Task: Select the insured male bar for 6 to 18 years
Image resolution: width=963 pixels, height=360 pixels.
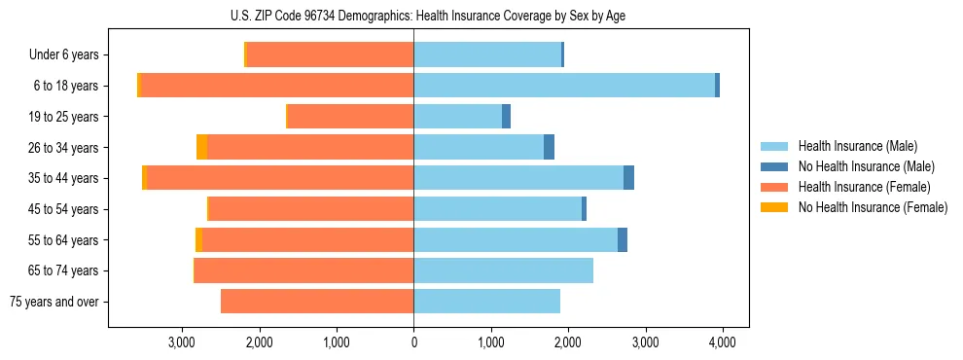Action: click(564, 86)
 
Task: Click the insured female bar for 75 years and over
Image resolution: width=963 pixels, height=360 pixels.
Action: click(317, 302)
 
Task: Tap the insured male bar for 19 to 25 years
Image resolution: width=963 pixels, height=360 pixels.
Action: click(457, 117)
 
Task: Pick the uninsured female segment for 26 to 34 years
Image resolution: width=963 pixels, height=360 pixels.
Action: click(201, 147)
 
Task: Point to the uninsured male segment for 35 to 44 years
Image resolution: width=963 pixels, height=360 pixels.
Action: click(628, 178)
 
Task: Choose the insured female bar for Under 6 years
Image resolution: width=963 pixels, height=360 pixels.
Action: click(331, 54)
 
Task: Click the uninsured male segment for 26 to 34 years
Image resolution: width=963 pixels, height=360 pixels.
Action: click(549, 147)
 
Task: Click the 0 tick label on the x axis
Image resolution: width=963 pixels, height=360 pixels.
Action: click(413, 342)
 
